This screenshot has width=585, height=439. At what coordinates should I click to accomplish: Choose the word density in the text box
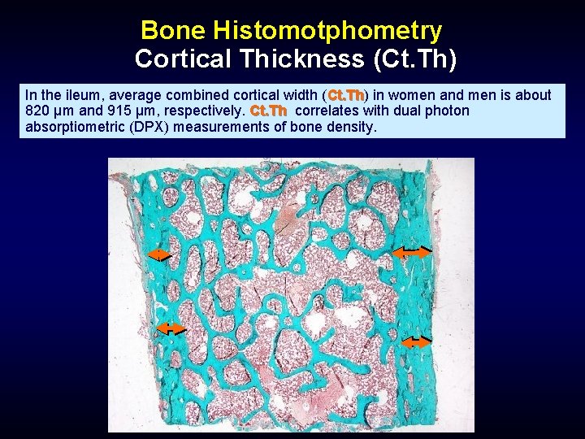[x=351, y=126]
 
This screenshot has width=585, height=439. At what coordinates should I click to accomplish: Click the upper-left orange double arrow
[x=159, y=254]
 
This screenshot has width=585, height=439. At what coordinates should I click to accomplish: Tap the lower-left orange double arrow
[x=171, y=328]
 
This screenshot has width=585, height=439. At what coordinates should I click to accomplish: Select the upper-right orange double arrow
[x=412, y=253]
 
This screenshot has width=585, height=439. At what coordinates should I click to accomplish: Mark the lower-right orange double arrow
[x=417, y=342]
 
